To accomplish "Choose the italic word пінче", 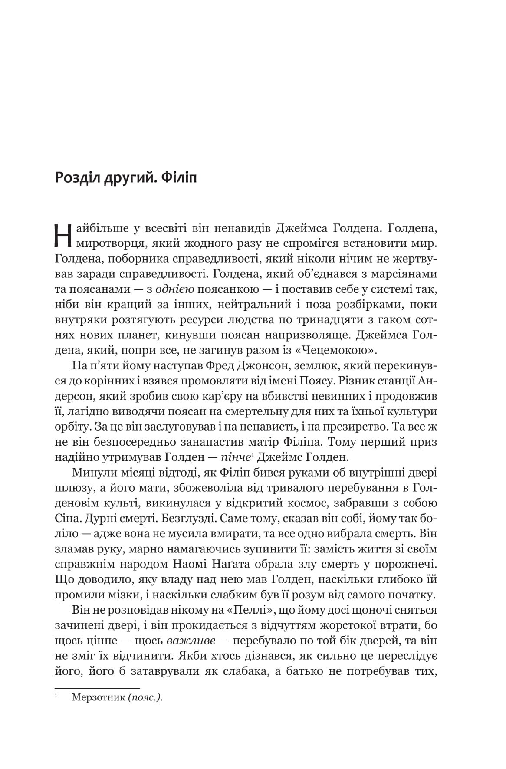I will click(234, 457).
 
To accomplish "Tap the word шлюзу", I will click(73, 488).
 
